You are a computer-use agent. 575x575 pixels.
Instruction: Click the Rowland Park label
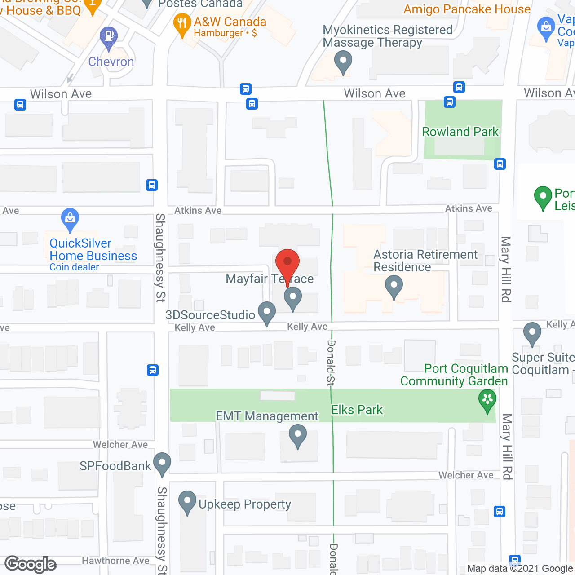click(460, 132)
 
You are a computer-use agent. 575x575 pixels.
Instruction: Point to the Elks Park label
click(357, 410)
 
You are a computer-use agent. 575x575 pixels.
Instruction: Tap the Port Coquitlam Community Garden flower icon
click(487, 400)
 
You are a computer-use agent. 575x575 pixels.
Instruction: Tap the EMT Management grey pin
click(297, 436)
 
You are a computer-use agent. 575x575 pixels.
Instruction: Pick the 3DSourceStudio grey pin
click(267, 313)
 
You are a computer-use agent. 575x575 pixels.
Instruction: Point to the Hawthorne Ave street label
click(115, 561)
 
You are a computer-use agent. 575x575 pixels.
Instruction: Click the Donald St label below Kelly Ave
click(331, 363)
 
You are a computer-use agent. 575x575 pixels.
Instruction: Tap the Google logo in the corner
click(31, 564)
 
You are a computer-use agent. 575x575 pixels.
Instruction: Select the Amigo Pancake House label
click(467, 9)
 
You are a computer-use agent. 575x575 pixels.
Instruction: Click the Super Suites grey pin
click(532, 334)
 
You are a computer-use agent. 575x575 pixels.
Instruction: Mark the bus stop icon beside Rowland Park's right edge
click(500, 164)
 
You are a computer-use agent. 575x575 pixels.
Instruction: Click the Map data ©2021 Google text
click(520, 569)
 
